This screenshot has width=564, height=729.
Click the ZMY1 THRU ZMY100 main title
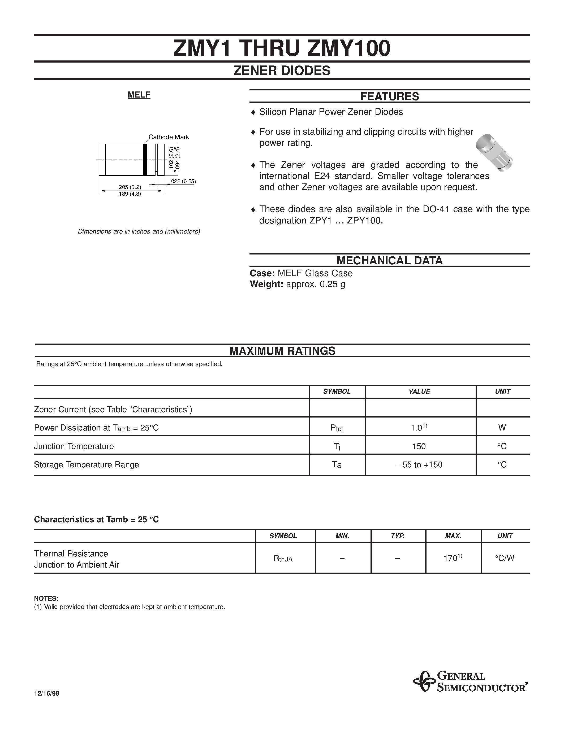282,49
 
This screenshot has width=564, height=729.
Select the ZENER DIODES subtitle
282,71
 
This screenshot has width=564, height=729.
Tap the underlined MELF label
139,95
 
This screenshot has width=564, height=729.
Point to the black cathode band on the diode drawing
145,160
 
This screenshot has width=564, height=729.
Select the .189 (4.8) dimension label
129,194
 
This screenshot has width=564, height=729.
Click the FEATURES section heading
390,96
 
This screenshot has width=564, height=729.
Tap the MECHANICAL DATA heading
390,260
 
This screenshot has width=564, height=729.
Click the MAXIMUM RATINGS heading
282,351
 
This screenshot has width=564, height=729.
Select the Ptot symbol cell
337,428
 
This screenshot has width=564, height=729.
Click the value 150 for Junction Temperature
419,446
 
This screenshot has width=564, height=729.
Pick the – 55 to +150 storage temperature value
419,465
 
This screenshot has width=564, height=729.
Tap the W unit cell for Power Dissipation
502,428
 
